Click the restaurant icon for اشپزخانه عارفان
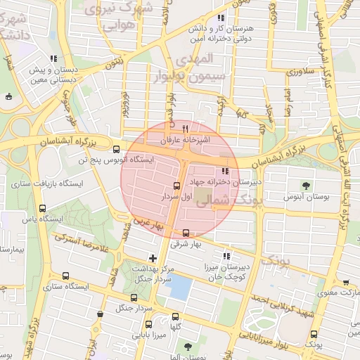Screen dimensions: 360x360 (x=186, y=129)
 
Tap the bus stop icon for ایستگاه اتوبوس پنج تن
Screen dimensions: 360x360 (x=117, y=148)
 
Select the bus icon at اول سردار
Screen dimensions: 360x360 (x=176, y=186)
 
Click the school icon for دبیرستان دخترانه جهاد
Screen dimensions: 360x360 (x=225, y=171)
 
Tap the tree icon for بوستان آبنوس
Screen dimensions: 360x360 (x=306, y=186)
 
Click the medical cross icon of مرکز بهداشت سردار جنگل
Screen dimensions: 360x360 (x=153, y=258)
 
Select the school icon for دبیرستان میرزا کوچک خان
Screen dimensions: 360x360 (x=226, y=256)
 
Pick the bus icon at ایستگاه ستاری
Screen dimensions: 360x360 (x=66, y=276)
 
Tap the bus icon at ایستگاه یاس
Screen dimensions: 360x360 (x=43, y=208)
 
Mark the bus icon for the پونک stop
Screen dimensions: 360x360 (x=314, y=335)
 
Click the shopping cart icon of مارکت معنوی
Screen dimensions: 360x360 (x=346, y=282)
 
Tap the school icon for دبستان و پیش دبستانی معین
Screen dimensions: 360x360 (x=53, y=58)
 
